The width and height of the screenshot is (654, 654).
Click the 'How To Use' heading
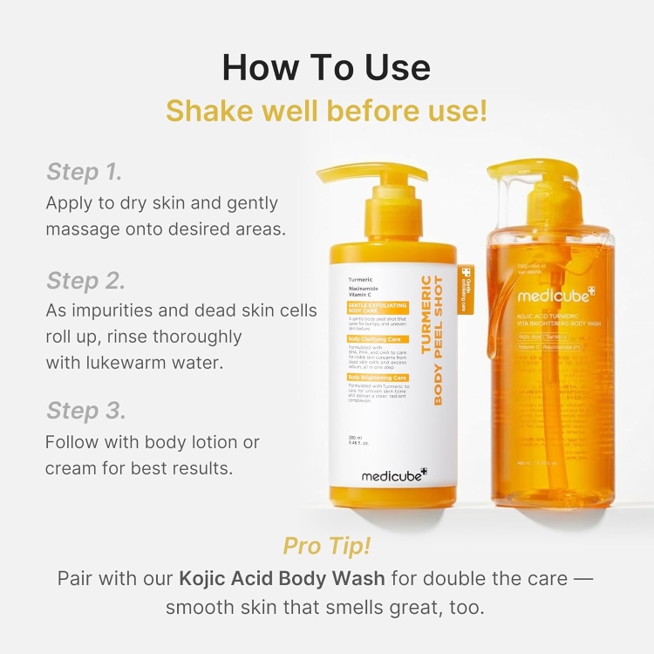(x=326, y=67)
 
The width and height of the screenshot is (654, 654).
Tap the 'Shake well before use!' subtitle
(x=326, y=112)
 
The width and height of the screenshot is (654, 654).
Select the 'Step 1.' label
(x=84, y=172)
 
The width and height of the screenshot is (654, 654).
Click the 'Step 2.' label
(x=85, y=281)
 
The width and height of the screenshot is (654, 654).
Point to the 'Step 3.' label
(x=85, y=410)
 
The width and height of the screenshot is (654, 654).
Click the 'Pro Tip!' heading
(x=326, y=546)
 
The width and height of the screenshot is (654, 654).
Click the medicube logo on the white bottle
(x=394, y=475)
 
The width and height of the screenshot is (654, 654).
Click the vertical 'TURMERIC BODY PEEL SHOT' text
(x=433, y=339)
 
